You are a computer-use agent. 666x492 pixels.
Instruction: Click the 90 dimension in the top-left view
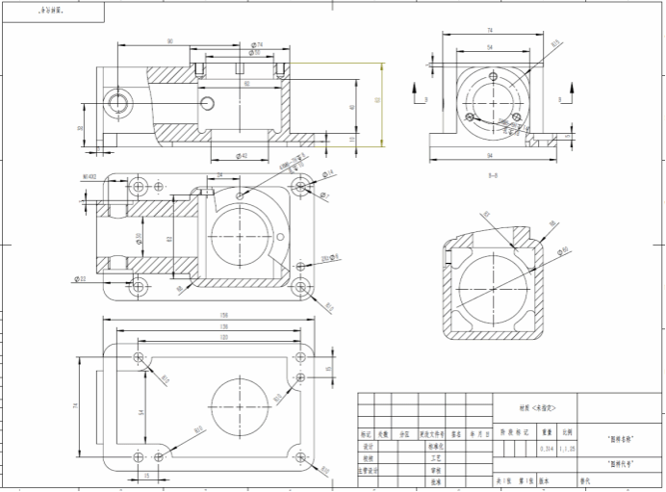click(x=170, y=41)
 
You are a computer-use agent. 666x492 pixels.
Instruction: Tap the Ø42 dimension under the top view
click(x=241, y=155)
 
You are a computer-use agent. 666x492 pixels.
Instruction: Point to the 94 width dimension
click(x=490, y=155)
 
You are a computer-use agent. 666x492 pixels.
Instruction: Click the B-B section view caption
click(x=492, y=175)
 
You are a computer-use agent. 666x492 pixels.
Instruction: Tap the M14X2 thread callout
click(x=91, y=177)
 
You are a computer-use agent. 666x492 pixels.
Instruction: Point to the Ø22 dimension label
click(x=80, y=278)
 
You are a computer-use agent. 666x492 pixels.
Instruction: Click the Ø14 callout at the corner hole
click(x=327, y=173)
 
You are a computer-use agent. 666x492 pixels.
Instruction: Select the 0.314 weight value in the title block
click(x=547, y=448)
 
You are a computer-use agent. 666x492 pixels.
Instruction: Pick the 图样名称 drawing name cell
click(x=621, y=438)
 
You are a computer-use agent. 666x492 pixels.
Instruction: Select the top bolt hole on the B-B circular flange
click(x=492, y=76)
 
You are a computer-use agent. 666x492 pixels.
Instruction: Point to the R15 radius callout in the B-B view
click(x=555, y=43)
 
